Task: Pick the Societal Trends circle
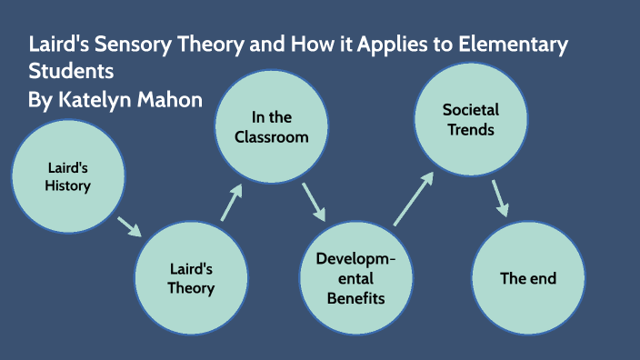point(470,119)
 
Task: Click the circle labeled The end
point(527,277)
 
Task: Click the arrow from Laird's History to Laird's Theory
point(129,225)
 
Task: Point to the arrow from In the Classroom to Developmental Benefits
point(315,202)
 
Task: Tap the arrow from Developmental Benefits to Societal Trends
point(413,196)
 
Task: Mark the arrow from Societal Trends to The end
point(499,197)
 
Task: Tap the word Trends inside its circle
point(470,129)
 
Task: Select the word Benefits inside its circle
point(356,297)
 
